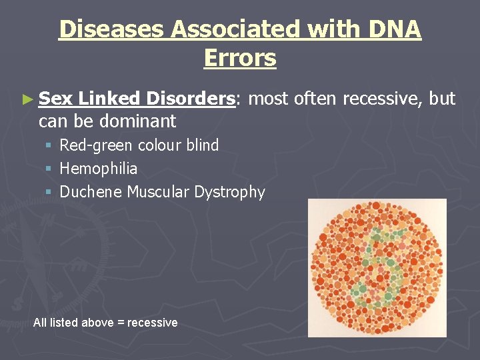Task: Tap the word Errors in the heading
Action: tap(240, 59)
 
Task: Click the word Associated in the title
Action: tap(228, 30)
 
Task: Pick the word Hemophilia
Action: tap(99, 169)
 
